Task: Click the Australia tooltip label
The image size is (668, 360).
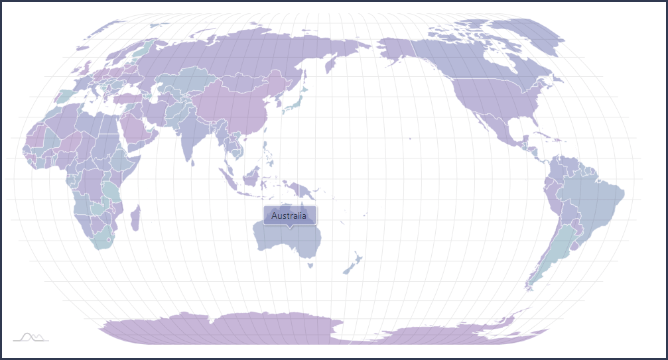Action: point(289,215)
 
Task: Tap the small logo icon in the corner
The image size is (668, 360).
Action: point(31,337)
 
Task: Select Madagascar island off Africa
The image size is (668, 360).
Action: point(135,217)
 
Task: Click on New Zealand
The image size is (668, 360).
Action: point(352,262)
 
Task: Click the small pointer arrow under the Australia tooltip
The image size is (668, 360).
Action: point(290,227)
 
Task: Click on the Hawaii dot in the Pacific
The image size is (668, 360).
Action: point(410,139)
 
